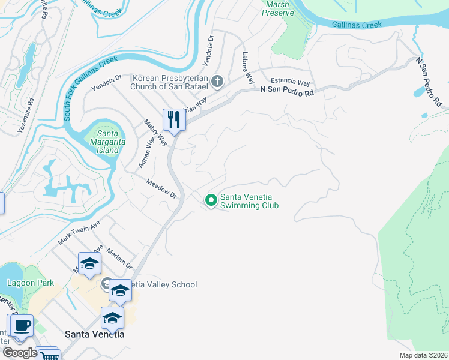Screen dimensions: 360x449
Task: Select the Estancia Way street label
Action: click(x=290, y=82)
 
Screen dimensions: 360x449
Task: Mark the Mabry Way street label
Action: click(x=155, y=132)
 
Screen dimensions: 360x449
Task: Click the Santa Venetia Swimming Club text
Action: click(x=249, y=200)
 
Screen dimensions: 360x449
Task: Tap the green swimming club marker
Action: click(x=211, y=200)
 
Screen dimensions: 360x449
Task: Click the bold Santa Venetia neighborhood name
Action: click(x=94, y=334)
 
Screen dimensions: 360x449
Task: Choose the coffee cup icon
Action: click(x=22, y=325)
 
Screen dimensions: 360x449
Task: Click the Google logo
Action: click(x=19, y=352)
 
